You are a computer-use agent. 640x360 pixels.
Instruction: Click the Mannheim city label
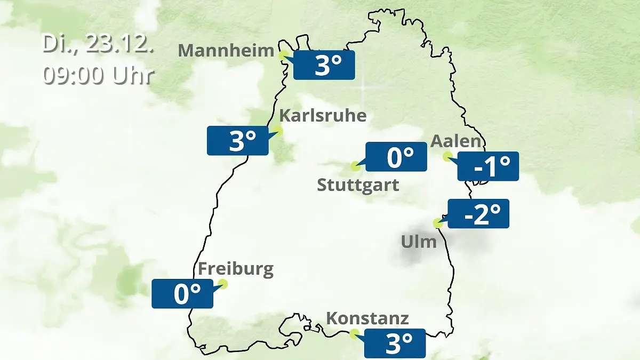(x=226, y=50)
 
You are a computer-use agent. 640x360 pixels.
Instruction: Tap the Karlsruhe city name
(x=323, y=116)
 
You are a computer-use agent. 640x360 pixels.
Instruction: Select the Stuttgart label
(x=358, y=185)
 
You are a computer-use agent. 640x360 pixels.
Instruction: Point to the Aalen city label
(x=455, y=141)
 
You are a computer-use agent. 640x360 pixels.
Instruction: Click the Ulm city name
(x=419, y=242)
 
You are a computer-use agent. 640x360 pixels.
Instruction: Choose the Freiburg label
(x=235, y=269)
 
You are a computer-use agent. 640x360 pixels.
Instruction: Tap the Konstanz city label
(x=367, y=318)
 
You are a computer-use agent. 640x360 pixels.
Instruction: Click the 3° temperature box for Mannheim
(x=324, y=65)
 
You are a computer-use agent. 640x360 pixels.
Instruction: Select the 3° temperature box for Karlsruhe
(x=238, y=141)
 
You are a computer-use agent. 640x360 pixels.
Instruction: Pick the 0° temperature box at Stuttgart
(x=396, y=157)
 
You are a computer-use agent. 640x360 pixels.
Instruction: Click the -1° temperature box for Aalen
(x=488, y=166)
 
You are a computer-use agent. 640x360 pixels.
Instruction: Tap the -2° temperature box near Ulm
(x=478, y=214)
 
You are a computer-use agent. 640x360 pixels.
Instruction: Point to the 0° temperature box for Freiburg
(x=182, y=293)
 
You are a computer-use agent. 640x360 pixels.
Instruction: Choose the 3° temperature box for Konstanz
(x=395, y=343)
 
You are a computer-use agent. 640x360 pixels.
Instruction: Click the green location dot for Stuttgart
(x=355, y=166)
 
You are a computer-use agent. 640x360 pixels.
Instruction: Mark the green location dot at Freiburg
(x=223, y=284)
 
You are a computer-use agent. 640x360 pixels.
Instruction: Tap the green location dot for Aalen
(x=447, y=156)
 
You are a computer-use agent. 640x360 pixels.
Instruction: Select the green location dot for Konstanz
(x=354, y=334)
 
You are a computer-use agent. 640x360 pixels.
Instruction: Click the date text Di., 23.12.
(x=98, y=44)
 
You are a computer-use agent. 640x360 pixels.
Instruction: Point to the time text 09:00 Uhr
(x=98, y=75)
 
